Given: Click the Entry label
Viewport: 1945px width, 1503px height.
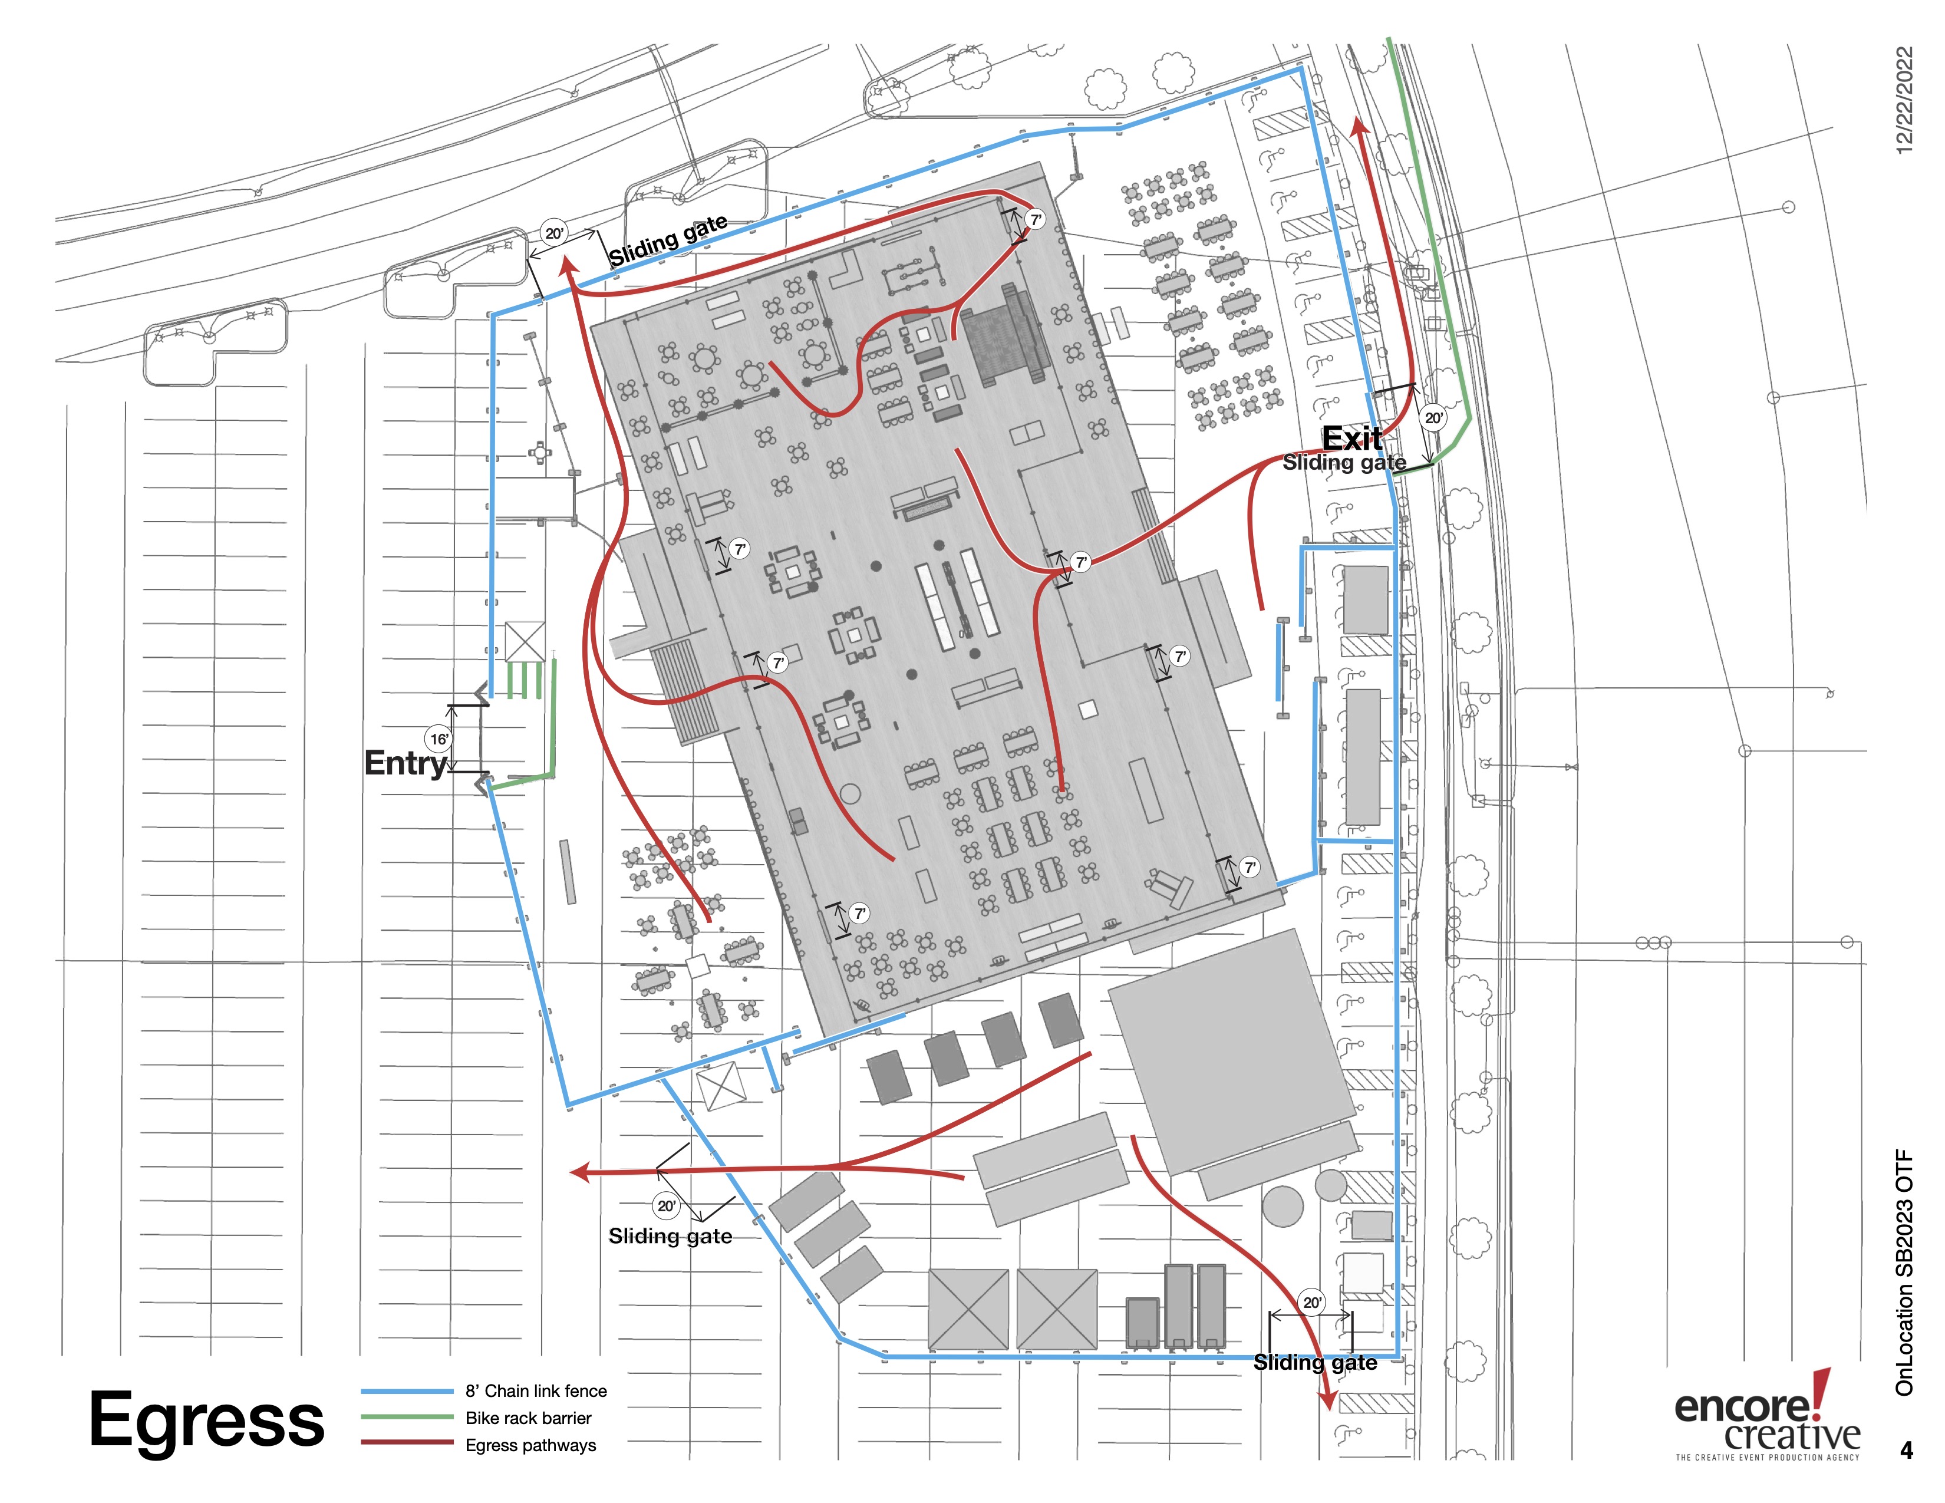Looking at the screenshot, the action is tap(406, 763).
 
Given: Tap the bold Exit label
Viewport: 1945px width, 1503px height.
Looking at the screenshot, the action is tap(1352, 438).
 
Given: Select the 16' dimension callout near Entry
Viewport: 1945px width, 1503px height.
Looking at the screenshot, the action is tap(439, 739).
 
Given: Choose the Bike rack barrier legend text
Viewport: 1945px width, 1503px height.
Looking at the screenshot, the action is tap(528, 1418).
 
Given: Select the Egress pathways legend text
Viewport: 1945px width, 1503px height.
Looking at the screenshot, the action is tap(531, 1445).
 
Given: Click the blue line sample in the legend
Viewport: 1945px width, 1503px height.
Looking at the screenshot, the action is tap(407, 1391).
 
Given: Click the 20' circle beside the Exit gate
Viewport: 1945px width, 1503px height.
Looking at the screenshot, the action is tap(1434, 418).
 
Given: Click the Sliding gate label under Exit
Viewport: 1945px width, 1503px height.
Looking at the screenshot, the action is tap(1344, 463).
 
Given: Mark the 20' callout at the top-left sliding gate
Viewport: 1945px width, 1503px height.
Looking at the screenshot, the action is tap(554, 233).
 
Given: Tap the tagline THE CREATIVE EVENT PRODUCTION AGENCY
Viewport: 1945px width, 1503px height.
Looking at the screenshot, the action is tap(1768, 1458).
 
